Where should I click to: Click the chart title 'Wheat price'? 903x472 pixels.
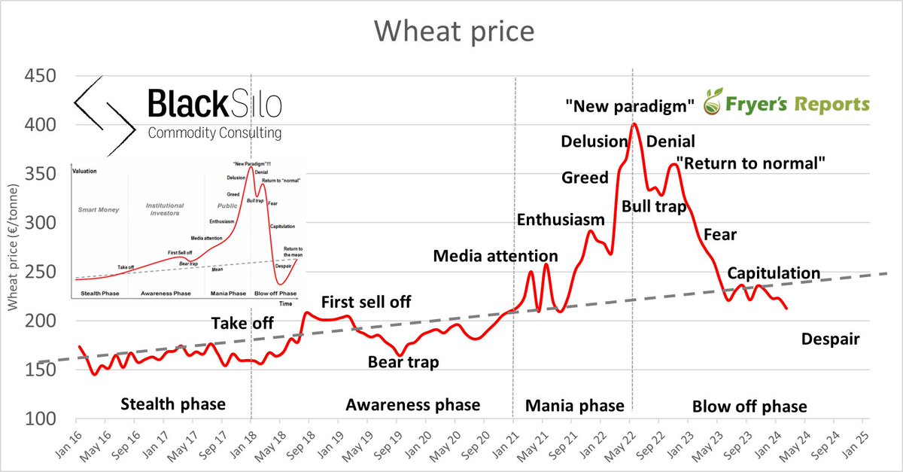point(455,31)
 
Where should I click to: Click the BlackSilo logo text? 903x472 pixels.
point(214,104)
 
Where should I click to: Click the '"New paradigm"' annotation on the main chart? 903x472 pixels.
point(629,108)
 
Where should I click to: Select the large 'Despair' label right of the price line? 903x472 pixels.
point(830,340)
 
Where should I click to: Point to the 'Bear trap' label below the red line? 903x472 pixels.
point(403,362)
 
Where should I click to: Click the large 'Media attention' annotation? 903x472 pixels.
point(495,257)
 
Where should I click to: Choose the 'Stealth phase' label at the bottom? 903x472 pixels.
point(172,405)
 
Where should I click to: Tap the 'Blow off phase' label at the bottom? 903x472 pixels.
point(749,407)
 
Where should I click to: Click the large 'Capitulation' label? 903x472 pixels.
point(774,273)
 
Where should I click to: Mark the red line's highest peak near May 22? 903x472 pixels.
point(634,124)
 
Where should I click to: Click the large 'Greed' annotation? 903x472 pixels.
point(585,178)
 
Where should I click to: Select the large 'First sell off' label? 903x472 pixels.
point(366,303)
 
